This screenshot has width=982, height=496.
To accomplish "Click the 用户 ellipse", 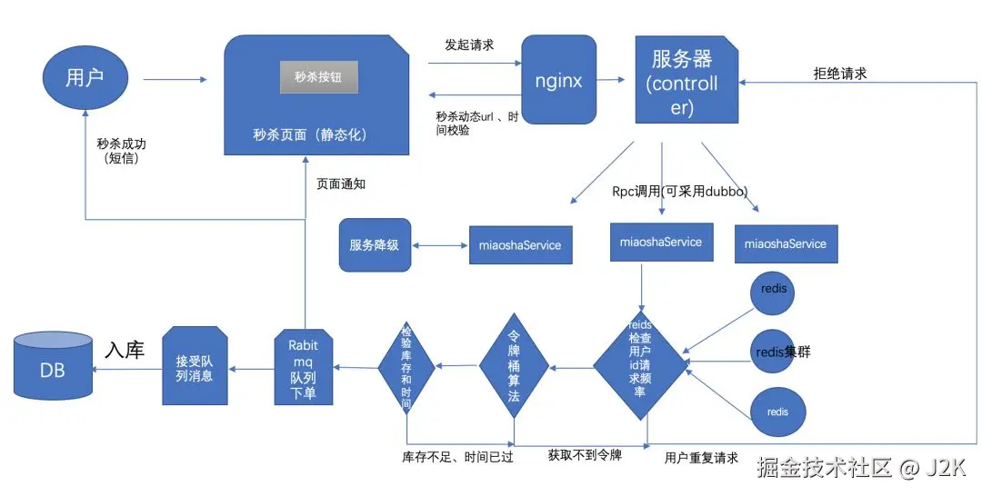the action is (x=85, y=78).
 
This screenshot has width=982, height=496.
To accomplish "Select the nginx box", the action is (x=558, y=79).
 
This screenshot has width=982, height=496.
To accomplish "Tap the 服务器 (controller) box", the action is (x=686, y=79).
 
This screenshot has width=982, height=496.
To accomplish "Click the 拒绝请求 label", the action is (x=840, y=74).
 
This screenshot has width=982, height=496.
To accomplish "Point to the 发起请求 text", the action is (x=469, y=45).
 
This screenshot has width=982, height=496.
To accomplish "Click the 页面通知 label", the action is (x=341, y=184).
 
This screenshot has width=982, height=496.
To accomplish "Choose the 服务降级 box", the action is (x=375, y=245).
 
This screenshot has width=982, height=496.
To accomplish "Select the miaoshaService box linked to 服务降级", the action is (x=520, y=245).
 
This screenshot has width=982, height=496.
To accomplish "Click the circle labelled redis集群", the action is (x=774, y=352).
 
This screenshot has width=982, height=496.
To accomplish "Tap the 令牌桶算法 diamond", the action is (x=514, y=366).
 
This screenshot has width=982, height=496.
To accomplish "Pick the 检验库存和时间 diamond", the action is (x=406, y=366).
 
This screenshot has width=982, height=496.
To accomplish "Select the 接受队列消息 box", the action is (x=195, y=366).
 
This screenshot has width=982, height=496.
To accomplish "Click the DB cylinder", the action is (x=54, y=366).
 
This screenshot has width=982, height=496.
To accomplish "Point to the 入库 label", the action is (x=125, y=349).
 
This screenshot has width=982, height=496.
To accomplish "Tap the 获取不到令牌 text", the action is (x=585, y=455).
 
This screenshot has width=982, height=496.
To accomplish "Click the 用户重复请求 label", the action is (x=701, y=458).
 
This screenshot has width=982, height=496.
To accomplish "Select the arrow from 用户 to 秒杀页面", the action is (x=175, y=79).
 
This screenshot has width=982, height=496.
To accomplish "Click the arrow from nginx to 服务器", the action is (x=611, y=79).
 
